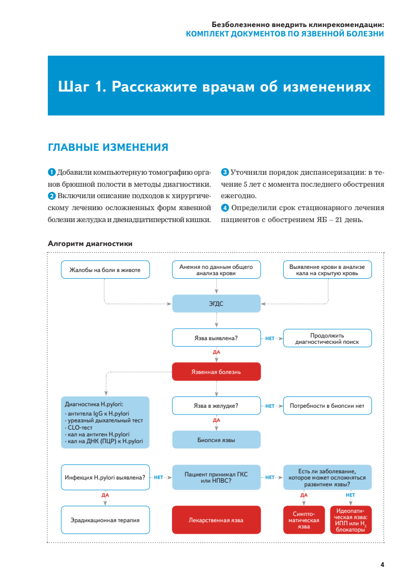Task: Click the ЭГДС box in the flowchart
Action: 216,303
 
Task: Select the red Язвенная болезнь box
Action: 216,371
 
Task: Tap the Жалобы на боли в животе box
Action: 105,269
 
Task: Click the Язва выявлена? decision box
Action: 216,338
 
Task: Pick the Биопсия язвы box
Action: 216,439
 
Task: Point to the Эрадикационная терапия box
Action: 105,520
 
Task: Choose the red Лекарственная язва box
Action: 216,520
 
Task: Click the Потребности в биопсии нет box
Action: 327,406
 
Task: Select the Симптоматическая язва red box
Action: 303,520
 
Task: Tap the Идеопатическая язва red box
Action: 351,520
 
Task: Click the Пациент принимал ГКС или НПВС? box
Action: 216,477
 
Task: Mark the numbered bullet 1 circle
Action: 51,172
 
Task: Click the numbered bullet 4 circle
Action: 224,208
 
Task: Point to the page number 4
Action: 382,565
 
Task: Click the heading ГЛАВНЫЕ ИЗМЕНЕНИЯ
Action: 108,147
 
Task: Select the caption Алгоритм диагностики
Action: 90,243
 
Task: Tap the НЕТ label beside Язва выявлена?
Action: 270,338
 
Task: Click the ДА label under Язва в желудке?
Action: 217,420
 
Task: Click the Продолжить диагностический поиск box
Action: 327,339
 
